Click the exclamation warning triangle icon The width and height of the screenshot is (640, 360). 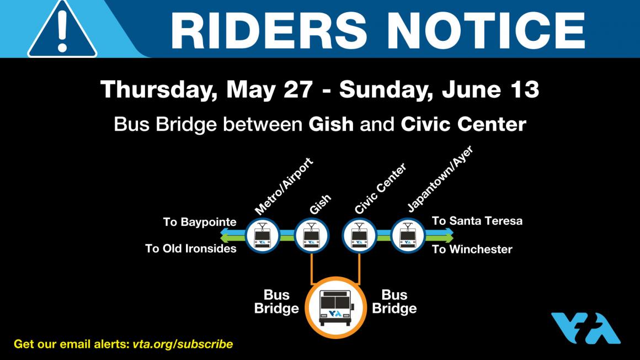62,31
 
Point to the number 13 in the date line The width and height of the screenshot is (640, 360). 526,89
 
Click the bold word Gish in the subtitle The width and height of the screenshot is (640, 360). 331,124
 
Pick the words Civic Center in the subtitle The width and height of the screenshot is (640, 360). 463,124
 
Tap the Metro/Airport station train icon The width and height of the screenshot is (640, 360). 263,236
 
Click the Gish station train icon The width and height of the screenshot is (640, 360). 311,236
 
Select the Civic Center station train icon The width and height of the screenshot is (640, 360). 359,236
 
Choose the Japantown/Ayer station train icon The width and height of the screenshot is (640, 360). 408,236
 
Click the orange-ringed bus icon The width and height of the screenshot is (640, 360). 335,308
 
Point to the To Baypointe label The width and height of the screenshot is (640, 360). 200,222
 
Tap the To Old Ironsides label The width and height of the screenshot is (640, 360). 191,248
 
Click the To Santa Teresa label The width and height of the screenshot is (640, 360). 477,221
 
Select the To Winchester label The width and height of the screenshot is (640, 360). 472,249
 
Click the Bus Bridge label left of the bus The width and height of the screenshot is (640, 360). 276,301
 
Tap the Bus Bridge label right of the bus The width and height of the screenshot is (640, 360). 394,301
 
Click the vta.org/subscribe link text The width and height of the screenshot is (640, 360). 183,344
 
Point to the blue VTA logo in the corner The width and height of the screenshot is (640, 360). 586,328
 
